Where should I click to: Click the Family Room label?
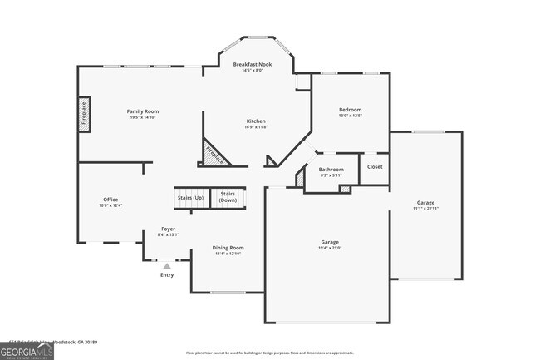(x=142, y=111)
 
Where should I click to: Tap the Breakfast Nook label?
(x=253, y=65)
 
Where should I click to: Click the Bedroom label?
(x=350, y=110)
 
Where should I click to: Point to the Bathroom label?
(x=331, y=169)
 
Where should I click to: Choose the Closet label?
(x=375, y=166)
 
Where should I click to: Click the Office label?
(x=110, y=200)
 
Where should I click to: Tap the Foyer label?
(x=168, y=229)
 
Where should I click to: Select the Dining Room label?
(x=228, y=248)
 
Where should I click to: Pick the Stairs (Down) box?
(x=228, y=198)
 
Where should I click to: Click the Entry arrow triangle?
(x=166, y=265)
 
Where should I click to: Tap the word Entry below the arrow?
(x=167, y=275)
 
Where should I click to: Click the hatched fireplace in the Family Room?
(x=84, y=115)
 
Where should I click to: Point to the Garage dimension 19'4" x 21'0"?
(x=330, y=248)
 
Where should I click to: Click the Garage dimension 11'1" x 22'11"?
(x=425, y=208)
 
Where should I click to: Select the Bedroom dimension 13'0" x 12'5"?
(x=350, y=116)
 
